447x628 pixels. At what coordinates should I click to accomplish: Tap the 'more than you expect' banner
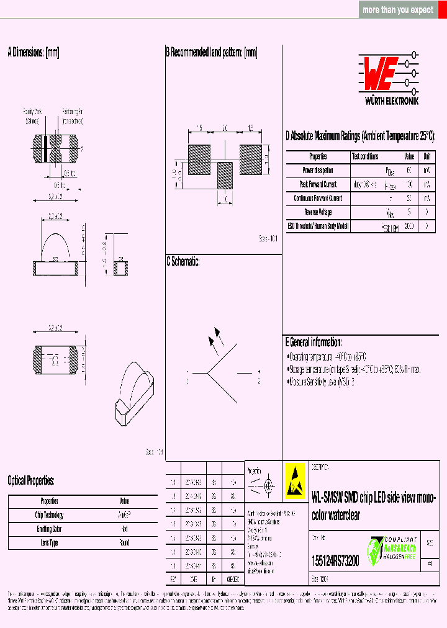[x=398, y=10]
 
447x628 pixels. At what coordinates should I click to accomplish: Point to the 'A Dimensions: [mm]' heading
[x=34, y=53]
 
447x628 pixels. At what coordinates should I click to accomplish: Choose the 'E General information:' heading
[x=314, y=342]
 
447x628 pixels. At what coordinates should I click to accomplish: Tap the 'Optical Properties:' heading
[x=31, y=480]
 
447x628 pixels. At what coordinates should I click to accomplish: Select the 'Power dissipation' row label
[x=318, y=170]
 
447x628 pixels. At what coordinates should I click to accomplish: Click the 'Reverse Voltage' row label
[x=318, y=212]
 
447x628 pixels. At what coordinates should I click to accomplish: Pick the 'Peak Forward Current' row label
[x=318, y=184]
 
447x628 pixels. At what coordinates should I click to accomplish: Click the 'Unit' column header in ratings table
[x=427, y=156]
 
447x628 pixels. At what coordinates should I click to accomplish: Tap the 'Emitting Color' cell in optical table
[x=49, y=529]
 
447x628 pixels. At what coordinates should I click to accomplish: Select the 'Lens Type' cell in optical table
[x=49, y=543]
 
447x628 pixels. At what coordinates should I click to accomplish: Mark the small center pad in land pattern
[x=225, y=175]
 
